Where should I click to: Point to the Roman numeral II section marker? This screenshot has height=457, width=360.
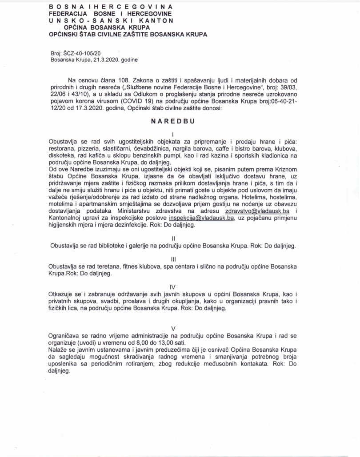coord(173,238)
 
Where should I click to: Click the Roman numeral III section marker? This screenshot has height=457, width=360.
coord(173,258)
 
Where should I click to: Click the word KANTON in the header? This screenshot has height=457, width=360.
coord(158,20)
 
